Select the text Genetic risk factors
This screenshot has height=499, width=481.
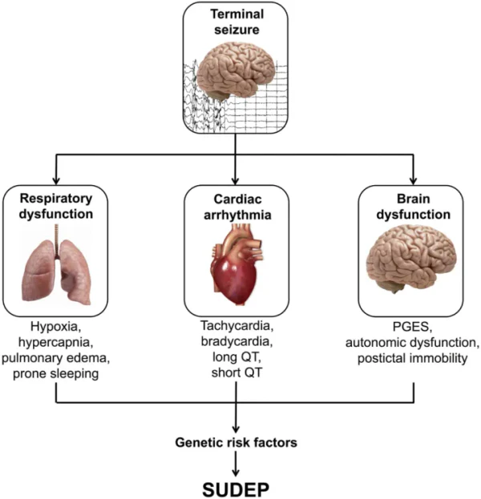(x=236, y=441)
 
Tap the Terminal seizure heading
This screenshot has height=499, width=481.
(x=236, y=22)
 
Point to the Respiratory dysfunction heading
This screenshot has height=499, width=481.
(x=56, y=205)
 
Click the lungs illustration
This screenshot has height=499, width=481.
(x=56, y=264)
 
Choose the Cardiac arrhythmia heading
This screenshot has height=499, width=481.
(x=236, y=205)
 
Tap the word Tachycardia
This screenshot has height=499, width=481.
(x=236, y=329)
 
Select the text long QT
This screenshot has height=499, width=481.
(x=236, y=358)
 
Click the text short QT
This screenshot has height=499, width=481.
(x=236, y=372)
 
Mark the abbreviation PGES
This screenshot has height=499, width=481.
(x=413, y=329)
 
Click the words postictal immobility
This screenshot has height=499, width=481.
(x=413, y=358)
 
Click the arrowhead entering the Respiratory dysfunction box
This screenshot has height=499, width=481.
(x=56, y=179)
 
